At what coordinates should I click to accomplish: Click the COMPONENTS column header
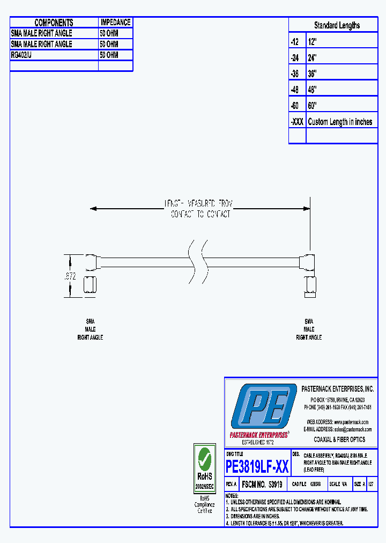click(x=54, y=23)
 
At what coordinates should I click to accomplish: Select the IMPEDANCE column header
click(x=115, y=23)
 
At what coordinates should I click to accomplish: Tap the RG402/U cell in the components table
click(x=21, y=55)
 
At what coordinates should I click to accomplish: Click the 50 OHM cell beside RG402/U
click(x=109, y=55)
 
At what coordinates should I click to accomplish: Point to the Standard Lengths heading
click(x=337, y=25)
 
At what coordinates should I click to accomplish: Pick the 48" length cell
click(x=313, y=90)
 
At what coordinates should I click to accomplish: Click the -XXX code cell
click(x=297, y=122)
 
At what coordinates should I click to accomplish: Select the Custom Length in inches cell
click(x=340, y=122)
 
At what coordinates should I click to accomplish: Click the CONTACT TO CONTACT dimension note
click(x=201, y=214)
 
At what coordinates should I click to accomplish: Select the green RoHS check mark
click(x=204, y=459)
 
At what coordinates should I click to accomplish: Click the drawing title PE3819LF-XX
click(x=258, y=467)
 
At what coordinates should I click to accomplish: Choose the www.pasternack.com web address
click(x=352, y=422)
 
